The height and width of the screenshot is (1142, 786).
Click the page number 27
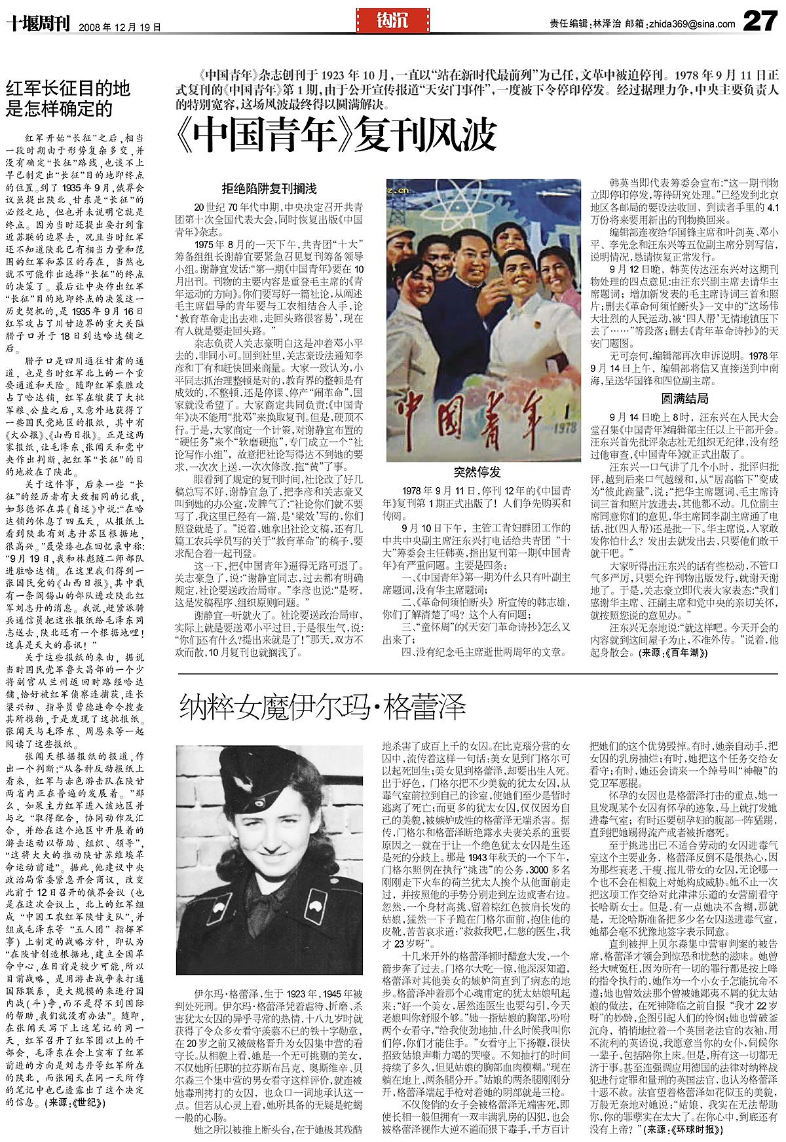(760, 22)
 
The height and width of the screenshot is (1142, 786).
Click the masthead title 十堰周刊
(38, 24)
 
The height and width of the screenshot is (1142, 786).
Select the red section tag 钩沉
(392, 20)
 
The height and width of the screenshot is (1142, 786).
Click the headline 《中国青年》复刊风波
(337, 136)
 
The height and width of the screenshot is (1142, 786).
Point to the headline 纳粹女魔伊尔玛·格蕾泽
(323, 708)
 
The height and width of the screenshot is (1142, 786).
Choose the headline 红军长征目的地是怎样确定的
(68, 98)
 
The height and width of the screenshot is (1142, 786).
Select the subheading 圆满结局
(684, 399)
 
